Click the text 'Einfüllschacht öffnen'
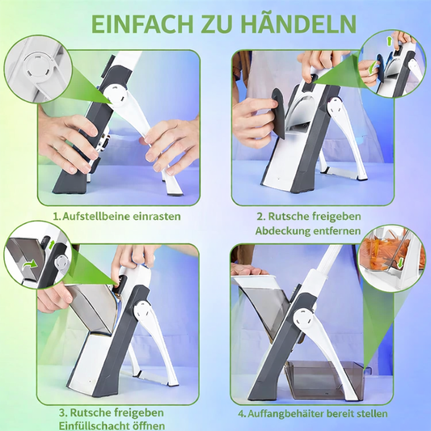pyautogui.click(x=111, y=425)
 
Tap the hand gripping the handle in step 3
pyautogui.click(x=129, y=259)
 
